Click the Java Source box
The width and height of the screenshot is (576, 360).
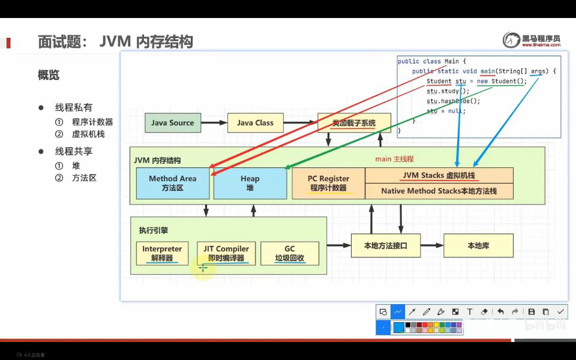172,123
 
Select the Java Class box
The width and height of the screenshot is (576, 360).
255,123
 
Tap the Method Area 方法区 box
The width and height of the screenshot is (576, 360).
172,183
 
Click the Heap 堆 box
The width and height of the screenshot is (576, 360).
250,183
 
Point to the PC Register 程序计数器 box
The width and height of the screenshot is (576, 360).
328,183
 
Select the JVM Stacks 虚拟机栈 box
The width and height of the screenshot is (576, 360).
439,175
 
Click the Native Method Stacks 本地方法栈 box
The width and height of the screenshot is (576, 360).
439,191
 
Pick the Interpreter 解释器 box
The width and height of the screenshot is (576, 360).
162,253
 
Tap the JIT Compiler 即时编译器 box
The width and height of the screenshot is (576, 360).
226,253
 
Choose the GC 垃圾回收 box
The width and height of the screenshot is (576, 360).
290,253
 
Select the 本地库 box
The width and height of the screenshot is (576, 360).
478,246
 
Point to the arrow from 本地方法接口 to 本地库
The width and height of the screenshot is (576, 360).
431,246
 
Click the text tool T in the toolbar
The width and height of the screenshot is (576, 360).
470,312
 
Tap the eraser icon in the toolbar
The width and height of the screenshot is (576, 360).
485,312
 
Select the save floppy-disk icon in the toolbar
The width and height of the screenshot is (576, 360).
531,312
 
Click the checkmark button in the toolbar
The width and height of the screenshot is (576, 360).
560,312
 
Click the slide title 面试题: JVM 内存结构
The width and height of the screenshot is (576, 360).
115,42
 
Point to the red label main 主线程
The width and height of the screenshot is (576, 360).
394,159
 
